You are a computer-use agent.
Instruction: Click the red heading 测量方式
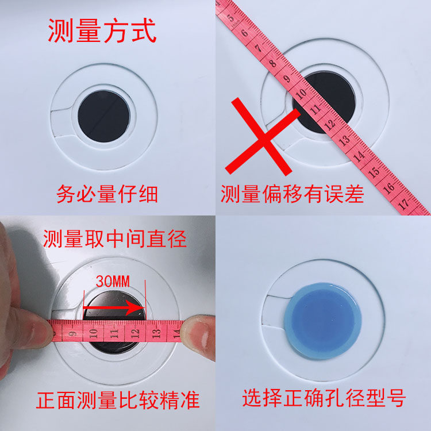[102, 30]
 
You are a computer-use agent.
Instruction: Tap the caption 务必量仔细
[107, 194]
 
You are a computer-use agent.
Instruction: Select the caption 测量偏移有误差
[292, 194]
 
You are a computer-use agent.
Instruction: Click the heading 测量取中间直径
[115, 239]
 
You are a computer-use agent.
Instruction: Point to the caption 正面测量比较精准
[118, 400]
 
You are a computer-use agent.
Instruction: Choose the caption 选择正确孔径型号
[324, 398]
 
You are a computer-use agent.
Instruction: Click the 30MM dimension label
[113, 282]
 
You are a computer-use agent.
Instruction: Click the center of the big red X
[263, 137]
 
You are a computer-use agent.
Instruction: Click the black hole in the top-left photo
[104, 116]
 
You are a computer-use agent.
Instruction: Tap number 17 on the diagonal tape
[403, 204]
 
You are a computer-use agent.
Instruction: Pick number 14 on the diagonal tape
[359, 156]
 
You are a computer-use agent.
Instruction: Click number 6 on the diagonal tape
[244, 33]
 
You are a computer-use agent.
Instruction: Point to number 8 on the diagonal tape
[272, 63]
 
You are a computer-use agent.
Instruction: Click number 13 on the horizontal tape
[156, 333]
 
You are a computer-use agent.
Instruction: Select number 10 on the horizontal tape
[94, 333]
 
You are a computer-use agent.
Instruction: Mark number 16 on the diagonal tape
[388, 188]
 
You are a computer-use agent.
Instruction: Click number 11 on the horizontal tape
[114, 333]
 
